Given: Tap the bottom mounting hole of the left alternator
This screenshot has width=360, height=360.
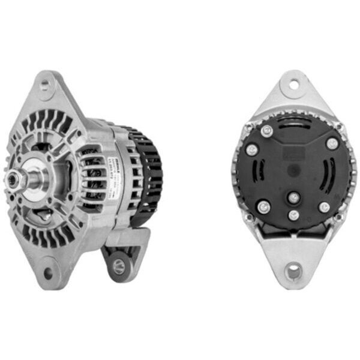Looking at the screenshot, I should tap(48, 275).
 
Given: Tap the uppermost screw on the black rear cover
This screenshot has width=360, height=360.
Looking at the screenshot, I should tap(267, 131).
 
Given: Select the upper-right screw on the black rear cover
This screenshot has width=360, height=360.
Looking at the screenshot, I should tap(331, 143).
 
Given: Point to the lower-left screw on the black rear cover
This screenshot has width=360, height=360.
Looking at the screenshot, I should tap(262, 208).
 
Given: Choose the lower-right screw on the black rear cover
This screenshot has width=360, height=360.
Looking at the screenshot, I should tap(324, 207).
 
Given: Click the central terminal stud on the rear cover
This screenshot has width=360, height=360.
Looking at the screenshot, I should tap(293, 196).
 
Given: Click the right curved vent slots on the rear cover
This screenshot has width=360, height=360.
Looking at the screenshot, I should tap(327, 174).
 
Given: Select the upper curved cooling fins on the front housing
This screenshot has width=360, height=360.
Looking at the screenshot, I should tap(48, 120).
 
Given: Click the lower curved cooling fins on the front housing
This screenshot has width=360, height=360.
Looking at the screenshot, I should tap(51, 237).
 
